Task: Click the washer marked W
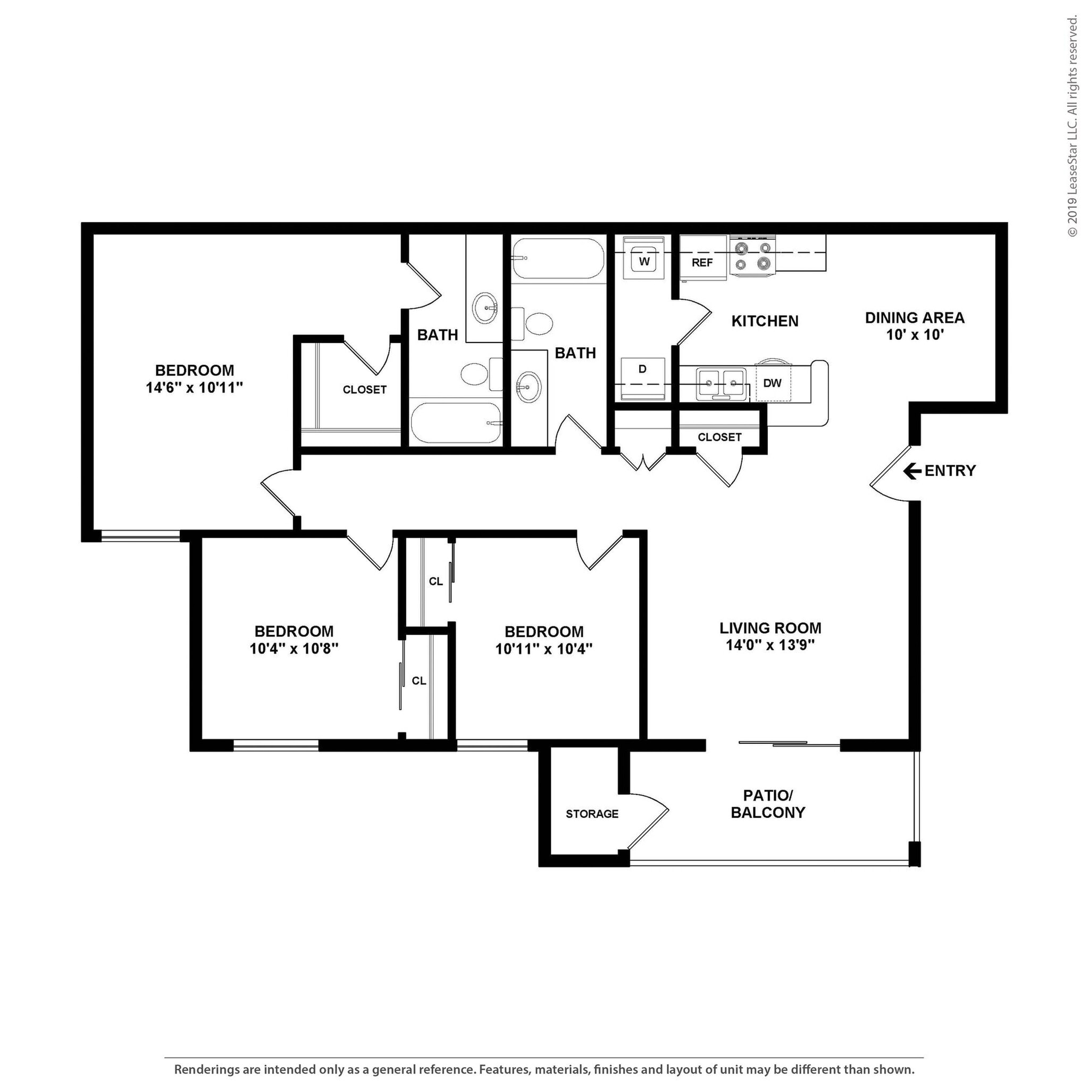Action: click(x=644, y=261)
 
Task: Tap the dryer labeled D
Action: click(x=642, y=378)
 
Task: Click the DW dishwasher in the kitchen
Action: click(x=772, y=383)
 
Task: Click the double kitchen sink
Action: click(x=721, y=384)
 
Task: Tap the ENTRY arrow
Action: click(x=912, y=471)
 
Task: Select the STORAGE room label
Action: click(x=592, y=814)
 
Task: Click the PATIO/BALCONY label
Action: click(x=768, y=804)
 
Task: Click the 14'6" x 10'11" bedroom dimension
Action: click(x=195, y=388)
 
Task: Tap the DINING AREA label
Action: click(x=914, y=318)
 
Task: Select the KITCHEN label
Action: click(x=764, y=321)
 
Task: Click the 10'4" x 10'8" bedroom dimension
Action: click(x=294, y=649)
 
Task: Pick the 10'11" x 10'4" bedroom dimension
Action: click(x=543, y=649)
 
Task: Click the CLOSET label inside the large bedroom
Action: click(x=365, y=389)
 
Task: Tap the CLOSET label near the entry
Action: click(x=719, y=438)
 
